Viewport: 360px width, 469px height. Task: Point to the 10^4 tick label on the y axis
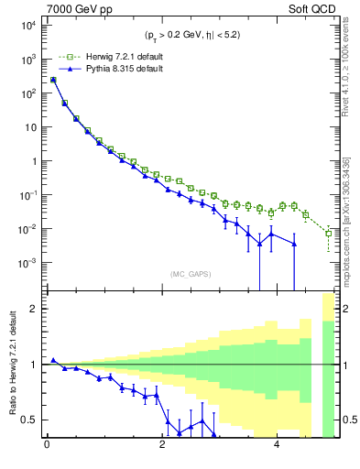25,26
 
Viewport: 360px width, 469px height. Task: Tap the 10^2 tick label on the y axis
25,93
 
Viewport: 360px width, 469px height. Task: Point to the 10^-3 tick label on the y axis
25,262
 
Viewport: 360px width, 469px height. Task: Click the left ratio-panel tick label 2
32,309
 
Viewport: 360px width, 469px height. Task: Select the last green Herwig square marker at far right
329,234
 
